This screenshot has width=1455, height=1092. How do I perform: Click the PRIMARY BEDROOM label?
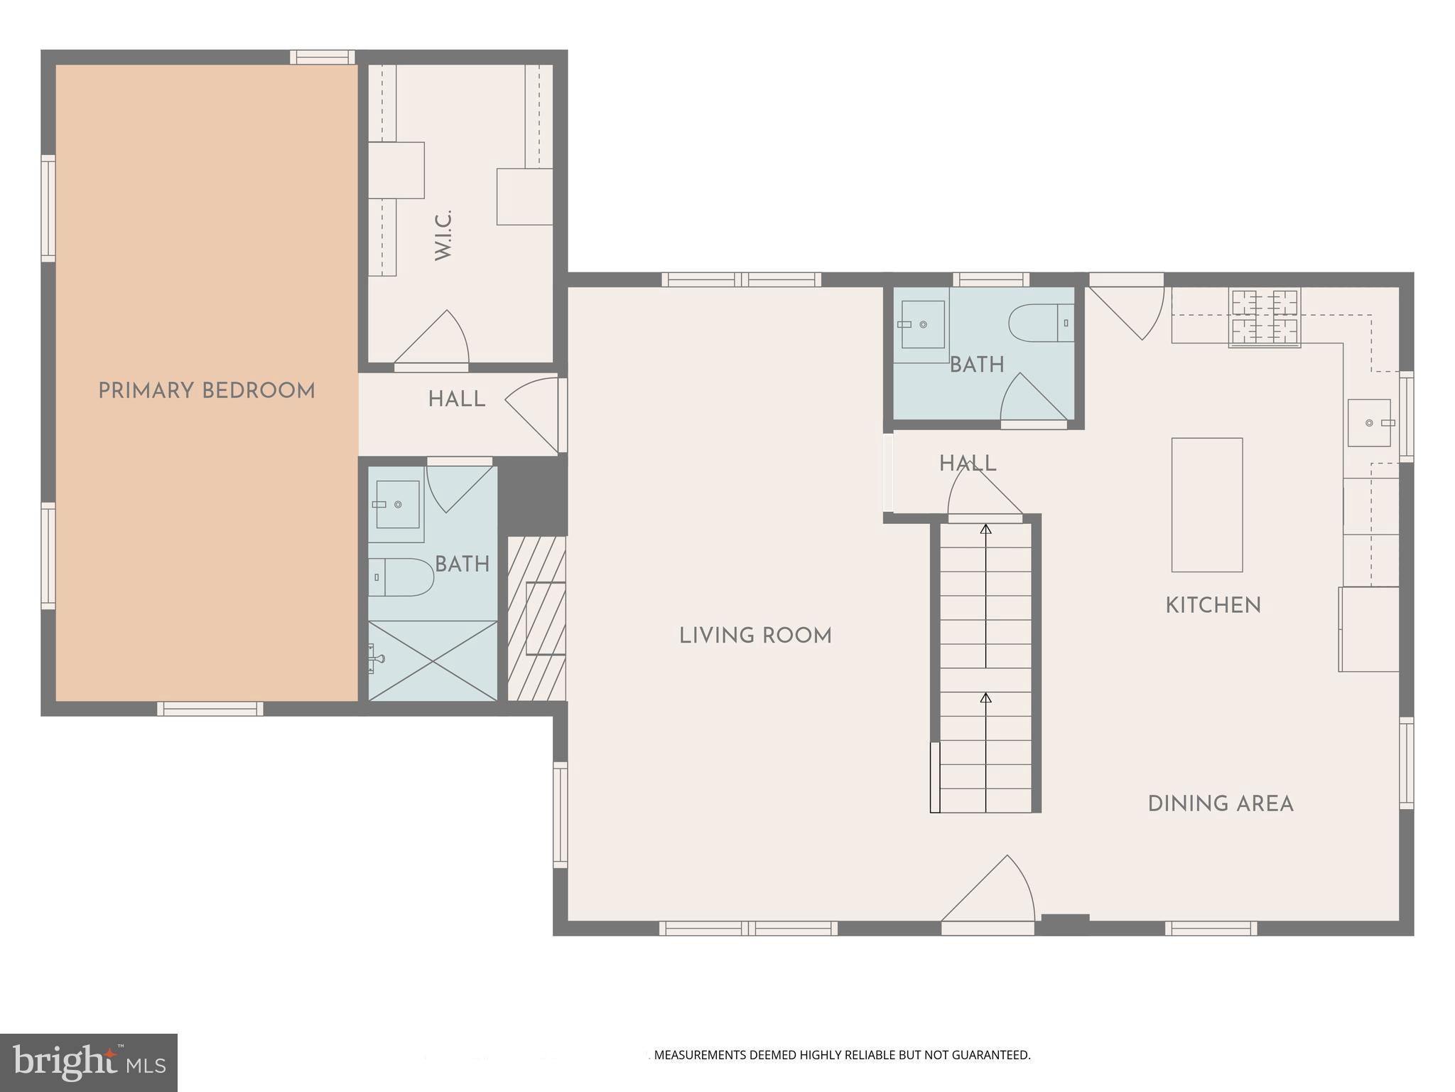pos(206,391)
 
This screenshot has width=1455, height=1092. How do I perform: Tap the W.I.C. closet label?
pos(443,235)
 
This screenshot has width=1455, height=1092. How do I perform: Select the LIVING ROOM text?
pos(755,636)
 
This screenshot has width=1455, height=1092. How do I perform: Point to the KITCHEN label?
pos(1213,606)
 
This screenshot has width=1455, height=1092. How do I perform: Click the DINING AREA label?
pos(1220,804)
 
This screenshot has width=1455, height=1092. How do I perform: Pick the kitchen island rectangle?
pos(1206,505)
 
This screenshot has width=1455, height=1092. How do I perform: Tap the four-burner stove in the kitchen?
pos(1265,318)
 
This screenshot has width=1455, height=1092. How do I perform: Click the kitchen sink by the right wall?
pos(1369,423)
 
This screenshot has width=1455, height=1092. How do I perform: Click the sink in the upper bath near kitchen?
pos(922,324)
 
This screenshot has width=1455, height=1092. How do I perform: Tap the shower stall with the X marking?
pos(433,661)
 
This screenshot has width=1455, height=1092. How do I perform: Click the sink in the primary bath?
pos(397,504)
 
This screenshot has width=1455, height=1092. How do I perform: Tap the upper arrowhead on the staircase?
pos(985,529)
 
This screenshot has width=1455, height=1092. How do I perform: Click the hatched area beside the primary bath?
pos(536,619)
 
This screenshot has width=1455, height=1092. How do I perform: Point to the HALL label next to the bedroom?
pos(456,400)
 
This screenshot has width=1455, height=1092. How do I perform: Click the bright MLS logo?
pos(89,1063)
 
